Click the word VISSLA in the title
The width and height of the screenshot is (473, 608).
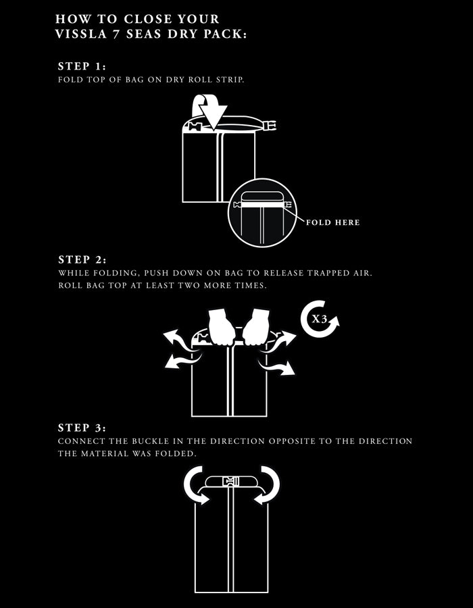click(76, 34)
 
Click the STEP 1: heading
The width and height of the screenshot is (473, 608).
click(81, 66)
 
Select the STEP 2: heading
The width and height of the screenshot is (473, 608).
click(82, 259)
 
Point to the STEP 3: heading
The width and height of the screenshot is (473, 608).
click(81, 428)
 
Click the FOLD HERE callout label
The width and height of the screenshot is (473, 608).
click(332, 222)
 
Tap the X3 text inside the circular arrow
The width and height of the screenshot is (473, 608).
click(319, 319)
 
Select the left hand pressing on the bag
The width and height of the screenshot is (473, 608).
click(221, 328)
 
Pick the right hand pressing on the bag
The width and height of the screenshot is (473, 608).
click(256, 327)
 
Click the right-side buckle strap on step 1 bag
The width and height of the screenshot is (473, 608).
click(270, 125)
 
